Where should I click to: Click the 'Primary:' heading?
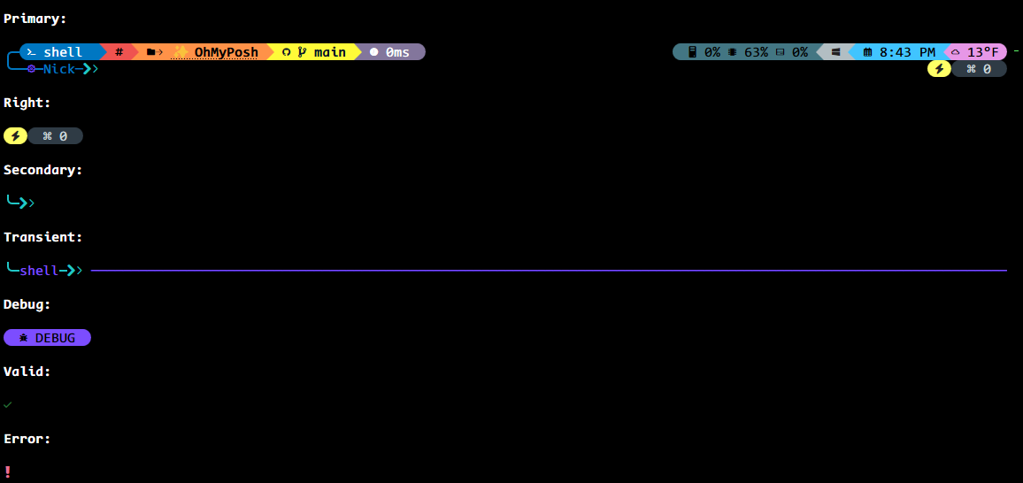[x=35, y=19]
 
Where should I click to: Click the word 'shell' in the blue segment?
[x=63, y=52]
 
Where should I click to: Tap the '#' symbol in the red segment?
[x=119, y=52]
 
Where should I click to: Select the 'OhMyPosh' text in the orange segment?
[x=227, y=52]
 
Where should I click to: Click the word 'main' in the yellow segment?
[x=330, y=52]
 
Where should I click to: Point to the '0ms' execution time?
[x=397, y=52]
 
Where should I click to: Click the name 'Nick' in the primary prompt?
[x=59, y=69]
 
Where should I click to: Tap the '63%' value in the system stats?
[x=756, y=52]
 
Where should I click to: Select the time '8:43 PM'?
[x=907, y=52]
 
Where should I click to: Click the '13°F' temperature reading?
[x=982, y=52]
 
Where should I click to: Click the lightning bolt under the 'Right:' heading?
[x=15, y=136]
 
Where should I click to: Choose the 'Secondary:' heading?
[x=42, y=170]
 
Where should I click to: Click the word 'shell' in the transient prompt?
[x=39, y=271]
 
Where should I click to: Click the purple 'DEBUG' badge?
[x=47, y=338]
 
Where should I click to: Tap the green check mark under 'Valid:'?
[x=8, y=405]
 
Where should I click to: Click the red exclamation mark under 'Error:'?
[x=8, y=471]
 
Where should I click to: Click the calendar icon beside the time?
[x=867, y=52]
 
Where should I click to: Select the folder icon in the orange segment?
[x=151, y=52]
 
